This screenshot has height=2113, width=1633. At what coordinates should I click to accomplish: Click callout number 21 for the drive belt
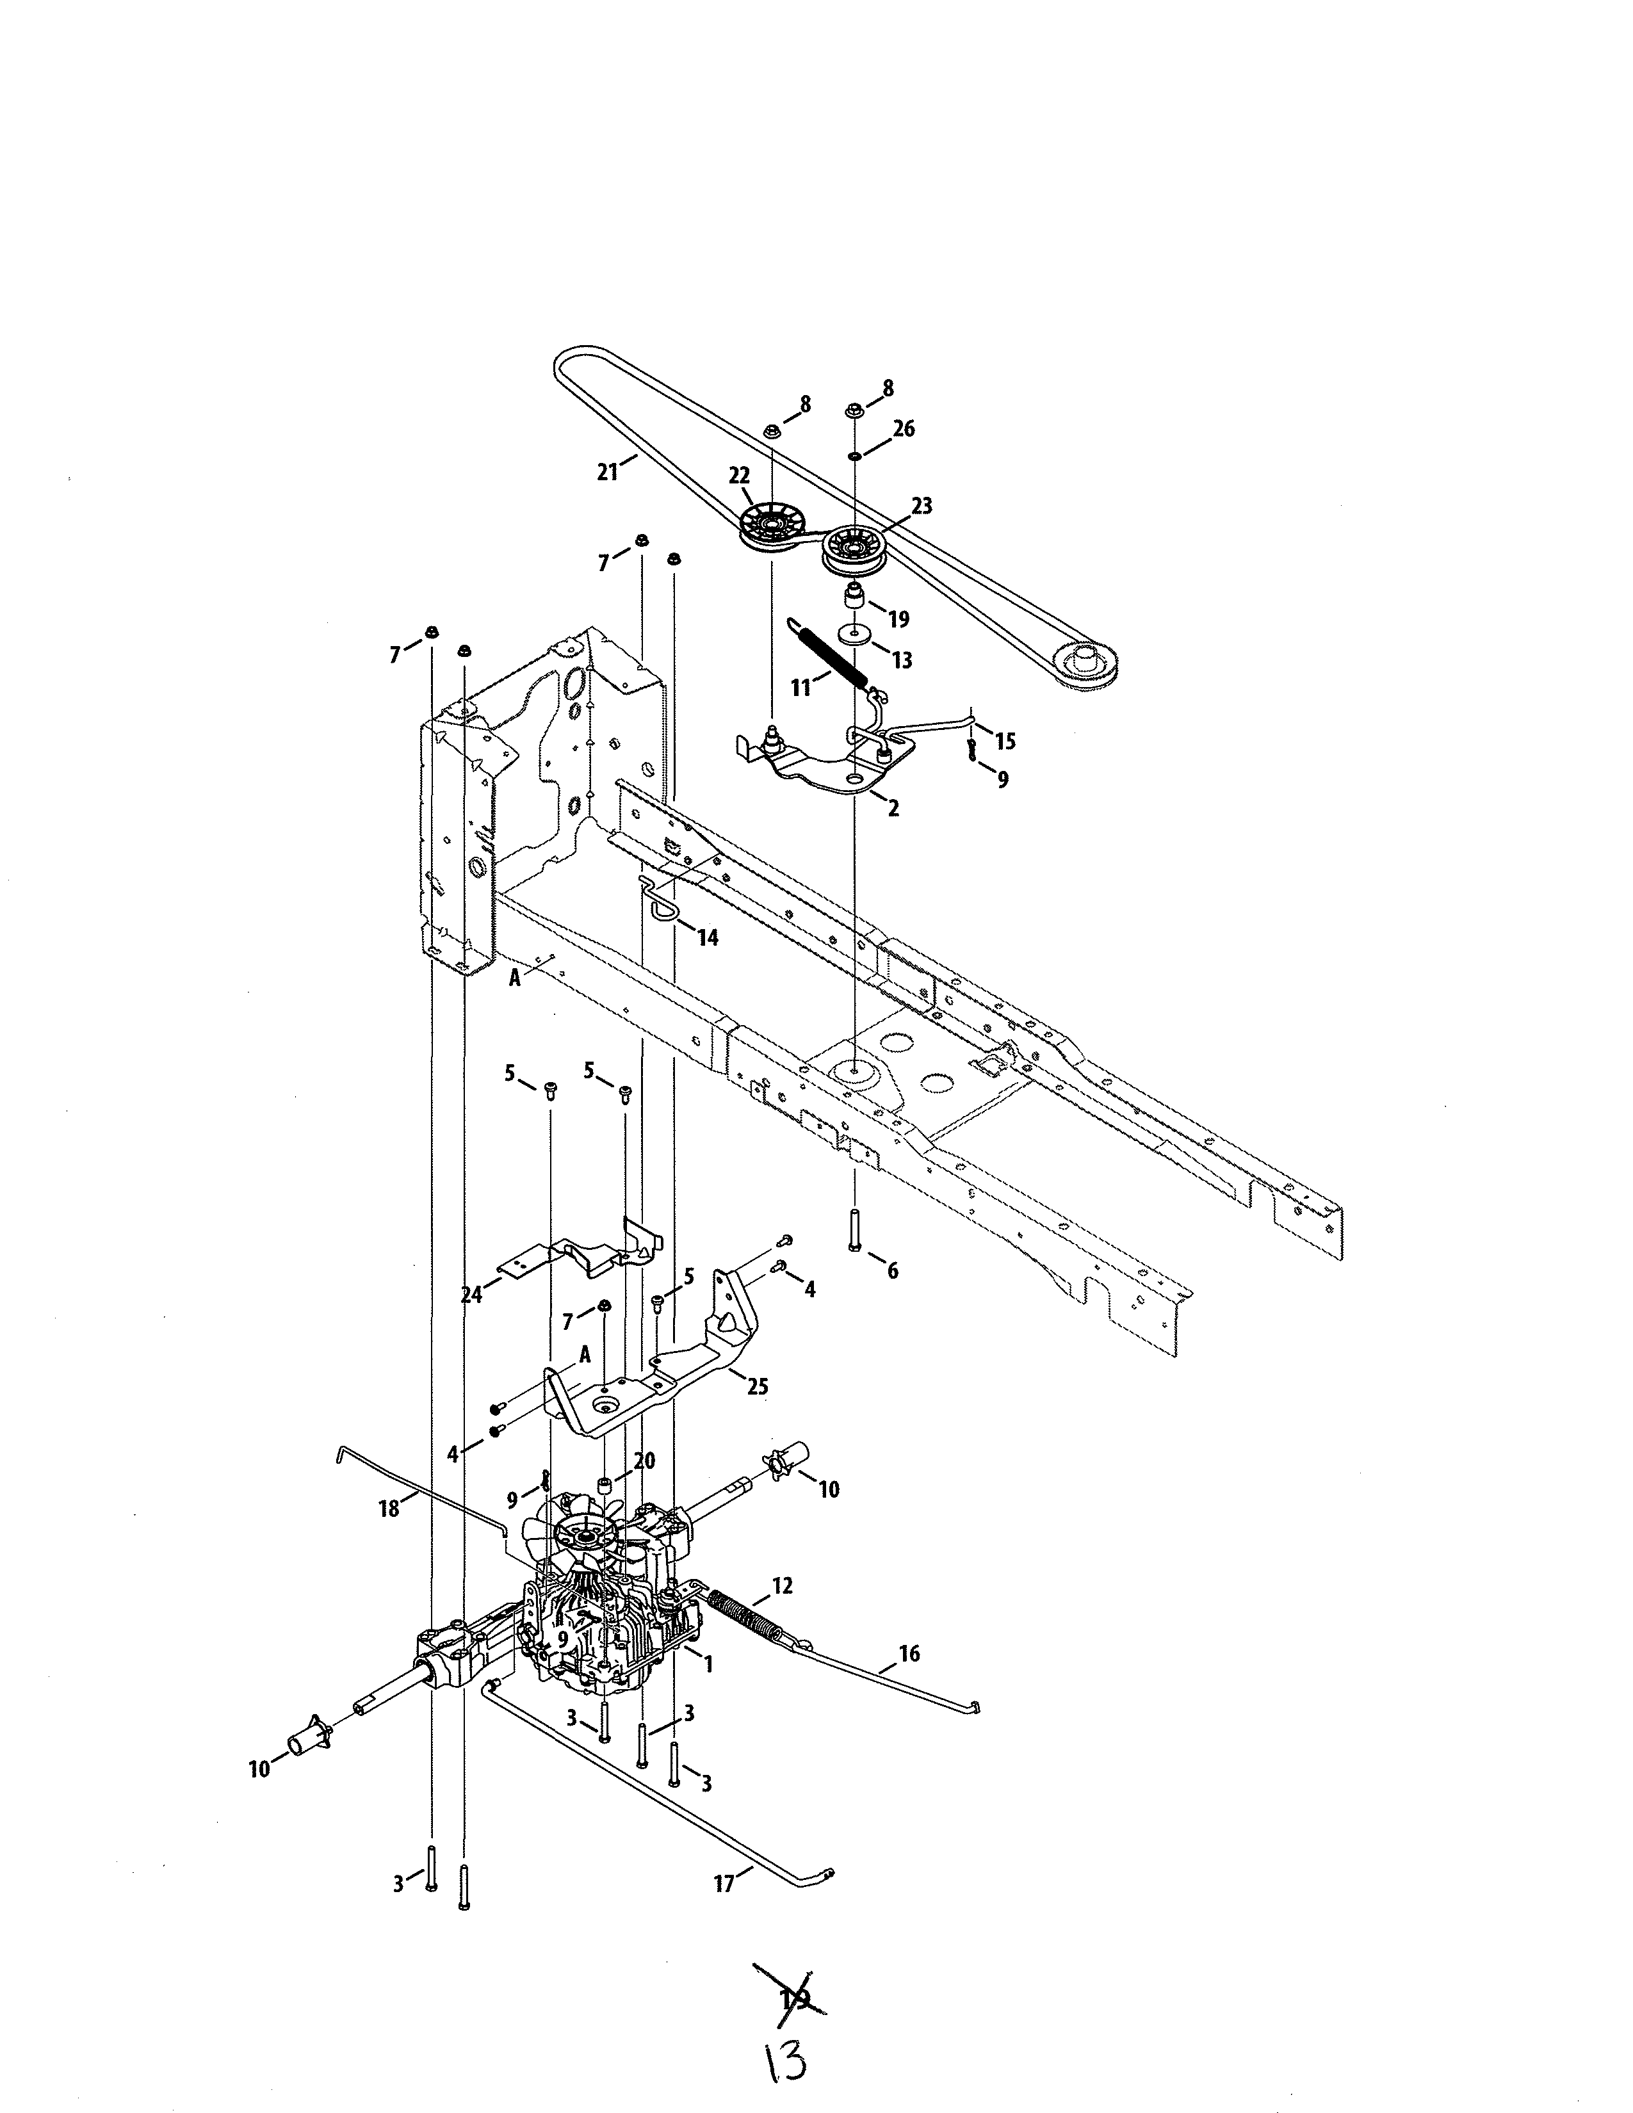(606, 472)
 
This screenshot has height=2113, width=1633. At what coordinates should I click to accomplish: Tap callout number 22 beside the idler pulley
(739, 475)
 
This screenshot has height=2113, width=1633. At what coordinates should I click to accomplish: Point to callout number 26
(904, 428)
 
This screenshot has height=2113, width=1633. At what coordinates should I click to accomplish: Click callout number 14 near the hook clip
(708, 937)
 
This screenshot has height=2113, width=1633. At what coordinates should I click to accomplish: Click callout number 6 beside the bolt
(892, 1270)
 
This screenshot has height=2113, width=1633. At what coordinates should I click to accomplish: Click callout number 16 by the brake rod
(909, 1653)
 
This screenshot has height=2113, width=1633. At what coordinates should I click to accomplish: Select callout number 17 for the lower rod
(724, 1884)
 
